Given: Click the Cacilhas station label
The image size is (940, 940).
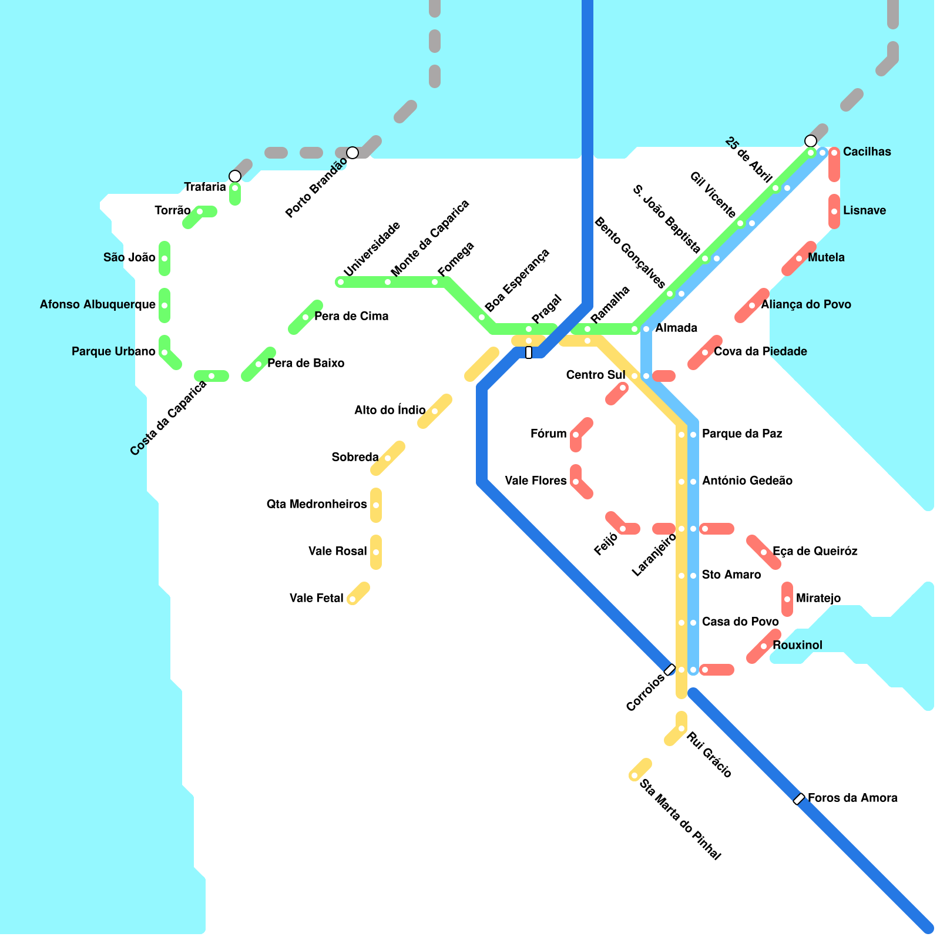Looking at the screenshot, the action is [867, 152].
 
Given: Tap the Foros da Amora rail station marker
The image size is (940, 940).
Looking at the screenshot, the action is [799, 799].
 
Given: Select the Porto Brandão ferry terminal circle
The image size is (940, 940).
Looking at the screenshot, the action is [352, 153].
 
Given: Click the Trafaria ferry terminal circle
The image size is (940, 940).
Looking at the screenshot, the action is [235, 176].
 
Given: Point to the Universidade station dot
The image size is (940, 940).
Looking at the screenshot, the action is [341, 282].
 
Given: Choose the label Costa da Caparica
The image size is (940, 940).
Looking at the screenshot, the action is [169, 418].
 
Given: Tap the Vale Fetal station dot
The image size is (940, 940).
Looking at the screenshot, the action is [352, 599].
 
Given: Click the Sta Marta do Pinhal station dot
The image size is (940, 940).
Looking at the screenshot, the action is [634, 775].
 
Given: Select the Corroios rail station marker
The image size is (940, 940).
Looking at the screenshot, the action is [670, 670].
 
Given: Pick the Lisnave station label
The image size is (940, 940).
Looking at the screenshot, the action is [864, 211].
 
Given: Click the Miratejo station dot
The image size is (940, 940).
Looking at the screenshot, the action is [787, 599].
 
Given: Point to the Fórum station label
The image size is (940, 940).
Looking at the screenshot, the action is [548, 434].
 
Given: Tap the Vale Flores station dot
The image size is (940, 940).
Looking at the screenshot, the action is [576, 482].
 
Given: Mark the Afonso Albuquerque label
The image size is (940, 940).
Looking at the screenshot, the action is [98, 305].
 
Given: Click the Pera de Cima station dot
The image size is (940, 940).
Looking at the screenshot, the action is [305, 317].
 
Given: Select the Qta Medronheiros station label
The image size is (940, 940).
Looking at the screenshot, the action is [317, 505].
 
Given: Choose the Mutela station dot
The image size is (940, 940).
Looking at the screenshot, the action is [799, 258].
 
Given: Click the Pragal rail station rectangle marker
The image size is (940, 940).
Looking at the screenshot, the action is [529, 352].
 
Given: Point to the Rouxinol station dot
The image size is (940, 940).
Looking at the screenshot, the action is [764, 646].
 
